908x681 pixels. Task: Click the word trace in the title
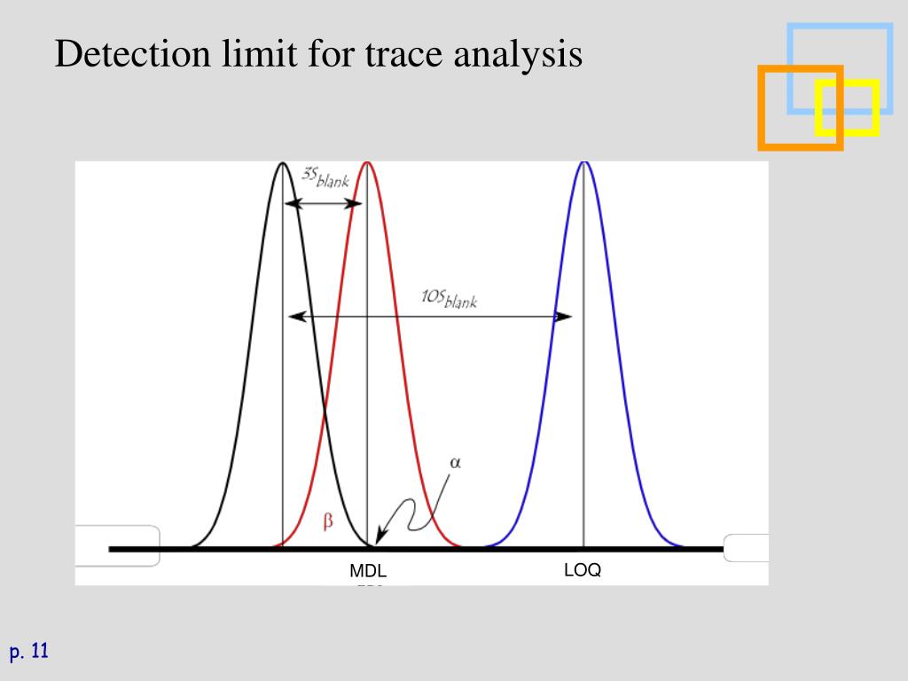[403, 54]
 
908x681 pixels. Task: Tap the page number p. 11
[28, 653]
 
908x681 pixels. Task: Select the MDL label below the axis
[368, 572]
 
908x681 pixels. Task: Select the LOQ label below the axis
[583, 570]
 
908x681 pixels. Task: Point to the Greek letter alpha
[456, 462]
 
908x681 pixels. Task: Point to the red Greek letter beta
[327, 522]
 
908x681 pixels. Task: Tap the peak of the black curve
[282, 164]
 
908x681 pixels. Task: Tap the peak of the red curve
[367, 164]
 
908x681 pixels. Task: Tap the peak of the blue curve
[583, 164]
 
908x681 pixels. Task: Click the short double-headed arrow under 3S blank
[324, 204]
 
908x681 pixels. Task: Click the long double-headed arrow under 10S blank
[430, 317]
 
